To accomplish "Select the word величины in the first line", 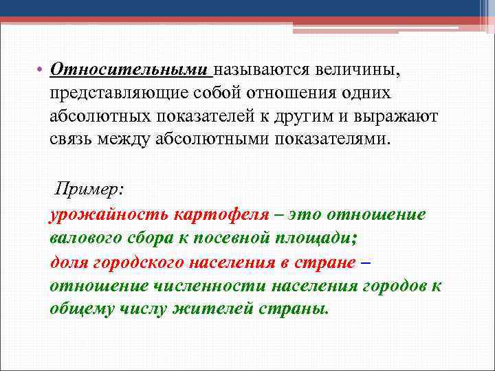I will (361, 70).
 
